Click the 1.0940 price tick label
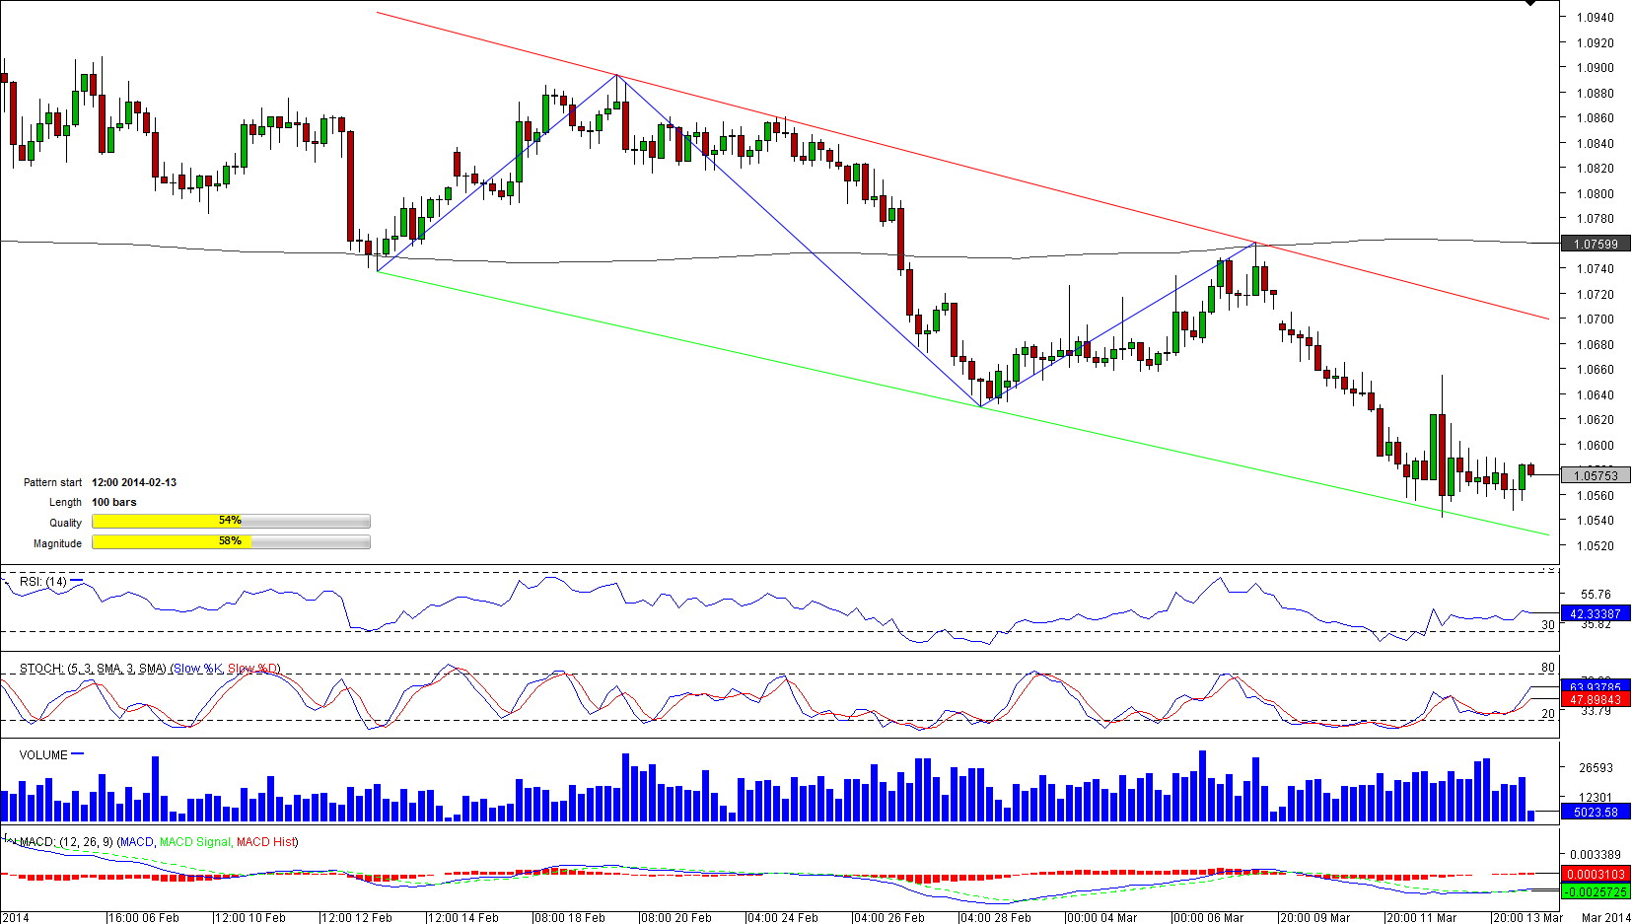[x=1595, y=18]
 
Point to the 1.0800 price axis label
[x=1595, y=194]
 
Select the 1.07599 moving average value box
[x=1595, y=244]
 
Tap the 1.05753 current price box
[x=1595, y=475]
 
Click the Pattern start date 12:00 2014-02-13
[x=134, y=482]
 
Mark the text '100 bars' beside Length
[x=114, y=502]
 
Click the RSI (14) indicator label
[x=43, y=582]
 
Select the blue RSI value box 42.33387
[x=1595, y=613]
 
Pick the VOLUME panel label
[x=43, y=755]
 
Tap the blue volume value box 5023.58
[x=1595, y=813]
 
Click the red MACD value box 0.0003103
[x=1595, y=875]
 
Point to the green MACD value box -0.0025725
[x=1595, y=891]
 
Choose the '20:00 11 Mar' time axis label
[x=1422, y=918]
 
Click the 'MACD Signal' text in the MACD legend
[x=194, y=842]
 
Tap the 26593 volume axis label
[x=1595, y=768]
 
